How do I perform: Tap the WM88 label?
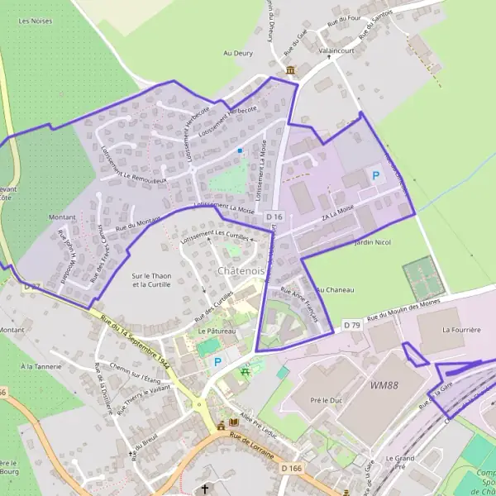pyautogui.click(x=384, y=385)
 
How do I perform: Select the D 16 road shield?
pyautogui.click(x=274, y=217)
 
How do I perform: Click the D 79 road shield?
pyautogui.click(x=353, y=324)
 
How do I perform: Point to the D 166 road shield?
pyautogui.click(x=291, y=469)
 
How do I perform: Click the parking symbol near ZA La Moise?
pyautogui.click(x=376, y=175)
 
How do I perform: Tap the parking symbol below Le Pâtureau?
pyautogui.click(x=218, y=361)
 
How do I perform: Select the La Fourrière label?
pyautogui.click(x=461, y=329)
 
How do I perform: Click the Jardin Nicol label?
pyautogui.click(x=371, y=244)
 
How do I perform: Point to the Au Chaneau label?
pyautogui.click(x=335, y=290)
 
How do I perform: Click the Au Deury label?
pyautogui.click(x=238, y=53)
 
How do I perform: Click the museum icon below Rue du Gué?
pyautogui.click(x=290, y=71)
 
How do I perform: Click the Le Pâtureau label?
pyautogui.click(x=217, y=331)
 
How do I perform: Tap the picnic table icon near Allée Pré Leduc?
pyautogui.click(x=245, y=372)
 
